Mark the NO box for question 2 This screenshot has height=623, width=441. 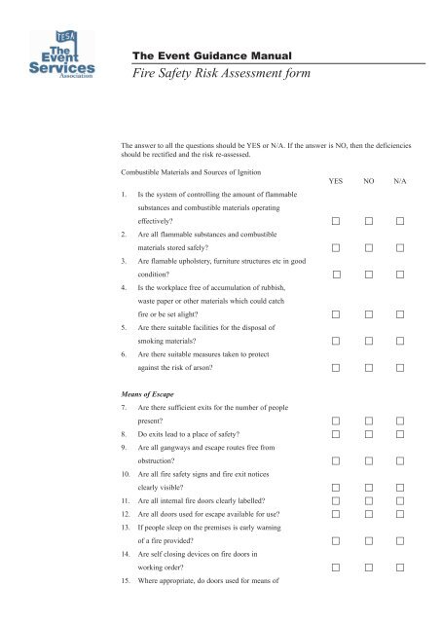click(368, 248)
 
